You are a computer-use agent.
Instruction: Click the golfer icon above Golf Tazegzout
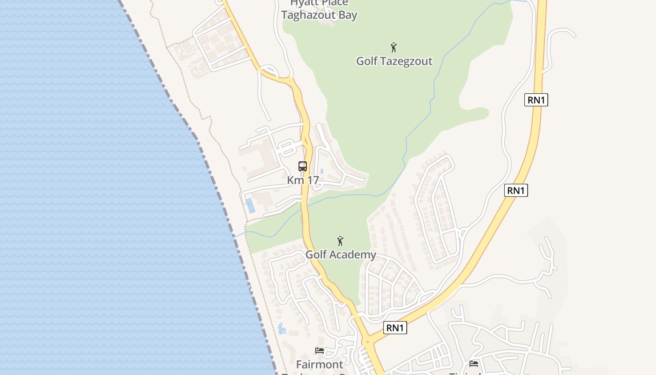point(394,47)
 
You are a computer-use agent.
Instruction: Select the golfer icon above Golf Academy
point(340,241)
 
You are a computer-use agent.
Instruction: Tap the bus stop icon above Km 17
point(303,166)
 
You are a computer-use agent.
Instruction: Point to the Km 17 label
point(303,180)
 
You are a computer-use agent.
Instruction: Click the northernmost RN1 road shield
point(536,99)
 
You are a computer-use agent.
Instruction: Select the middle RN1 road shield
point(516,190)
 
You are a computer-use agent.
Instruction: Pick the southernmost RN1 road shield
point(395,328)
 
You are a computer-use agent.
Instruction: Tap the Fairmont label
point(319,364)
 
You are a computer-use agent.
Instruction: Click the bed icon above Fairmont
point(320,351)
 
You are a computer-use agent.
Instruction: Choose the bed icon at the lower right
point(474,363)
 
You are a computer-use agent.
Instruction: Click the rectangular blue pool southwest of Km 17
point(250,205)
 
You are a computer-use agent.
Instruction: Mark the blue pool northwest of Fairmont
point(282,329)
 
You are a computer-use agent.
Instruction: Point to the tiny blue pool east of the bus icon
point(322,171)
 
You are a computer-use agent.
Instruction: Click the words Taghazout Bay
point(319,15)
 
